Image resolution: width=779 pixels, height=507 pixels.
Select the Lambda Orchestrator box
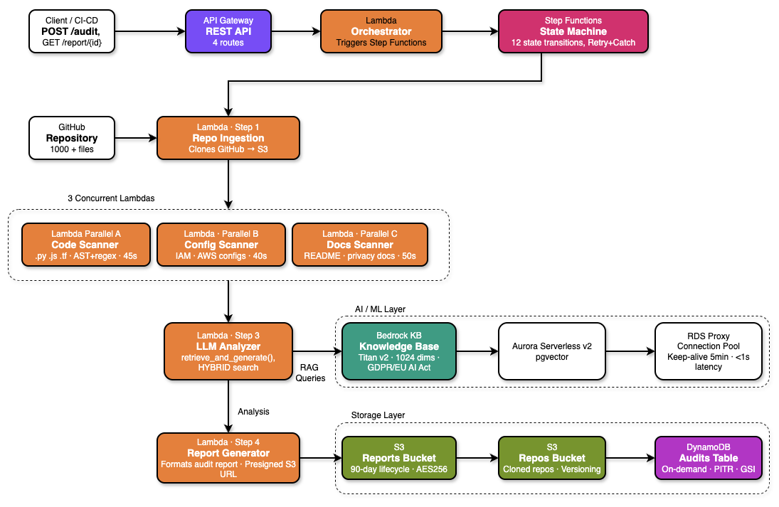(381, 31)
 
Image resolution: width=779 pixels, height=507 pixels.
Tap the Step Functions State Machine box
(573, 31)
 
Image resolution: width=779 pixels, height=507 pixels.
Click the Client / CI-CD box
(71, 31)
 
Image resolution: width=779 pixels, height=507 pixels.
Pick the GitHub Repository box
(71, 138)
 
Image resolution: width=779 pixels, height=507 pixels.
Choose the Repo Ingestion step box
(228, 138)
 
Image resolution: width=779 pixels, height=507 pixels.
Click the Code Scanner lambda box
(86, 245)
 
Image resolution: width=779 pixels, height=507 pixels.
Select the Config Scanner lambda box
(221, 245)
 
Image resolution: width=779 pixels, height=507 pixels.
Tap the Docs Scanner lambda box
(360, 245)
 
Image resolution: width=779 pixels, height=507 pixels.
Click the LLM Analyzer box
(228, 351)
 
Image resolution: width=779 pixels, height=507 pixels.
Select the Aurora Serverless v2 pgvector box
(551, 351)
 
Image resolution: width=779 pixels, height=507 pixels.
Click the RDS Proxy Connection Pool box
(708, 351)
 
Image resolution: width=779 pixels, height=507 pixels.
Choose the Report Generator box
(228, 458)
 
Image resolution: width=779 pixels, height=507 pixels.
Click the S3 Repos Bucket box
(551, 458)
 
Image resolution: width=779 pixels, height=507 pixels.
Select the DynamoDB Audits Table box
(708, 458)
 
